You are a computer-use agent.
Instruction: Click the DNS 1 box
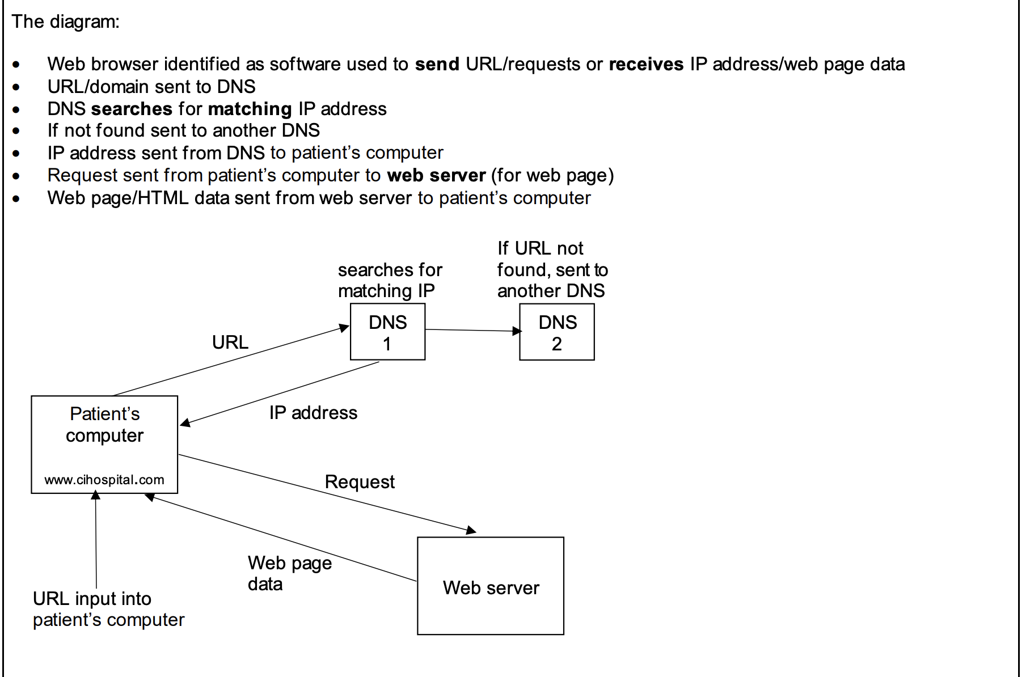pos(387,332)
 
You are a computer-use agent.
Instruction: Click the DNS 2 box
pos(556,332)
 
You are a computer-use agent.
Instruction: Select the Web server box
pos(490,586)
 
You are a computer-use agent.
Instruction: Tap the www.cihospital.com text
pos(104,480)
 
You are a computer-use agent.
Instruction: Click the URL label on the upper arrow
pos(230,342)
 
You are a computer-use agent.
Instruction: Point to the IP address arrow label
pos(313,413)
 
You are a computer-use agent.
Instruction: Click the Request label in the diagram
pos(360,482)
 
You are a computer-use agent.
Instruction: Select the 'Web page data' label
pos(289,573)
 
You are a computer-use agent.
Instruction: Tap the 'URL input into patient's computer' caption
pos(108,610)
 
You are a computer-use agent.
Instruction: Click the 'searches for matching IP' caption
pos(390,280)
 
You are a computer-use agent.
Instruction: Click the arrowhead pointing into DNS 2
pos(517,331)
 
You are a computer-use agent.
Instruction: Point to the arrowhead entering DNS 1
pos(344,328)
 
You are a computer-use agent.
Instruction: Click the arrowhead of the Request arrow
pos(471,531)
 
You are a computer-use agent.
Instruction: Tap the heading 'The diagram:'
pos(66,22)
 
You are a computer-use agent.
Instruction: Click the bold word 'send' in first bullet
pos(437,65)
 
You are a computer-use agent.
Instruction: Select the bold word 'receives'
pos(646,65)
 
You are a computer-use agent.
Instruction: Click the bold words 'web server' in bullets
pos(436,176)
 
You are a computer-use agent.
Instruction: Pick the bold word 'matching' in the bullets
pos(250,109)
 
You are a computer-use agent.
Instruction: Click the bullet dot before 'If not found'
pos(16,131)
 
